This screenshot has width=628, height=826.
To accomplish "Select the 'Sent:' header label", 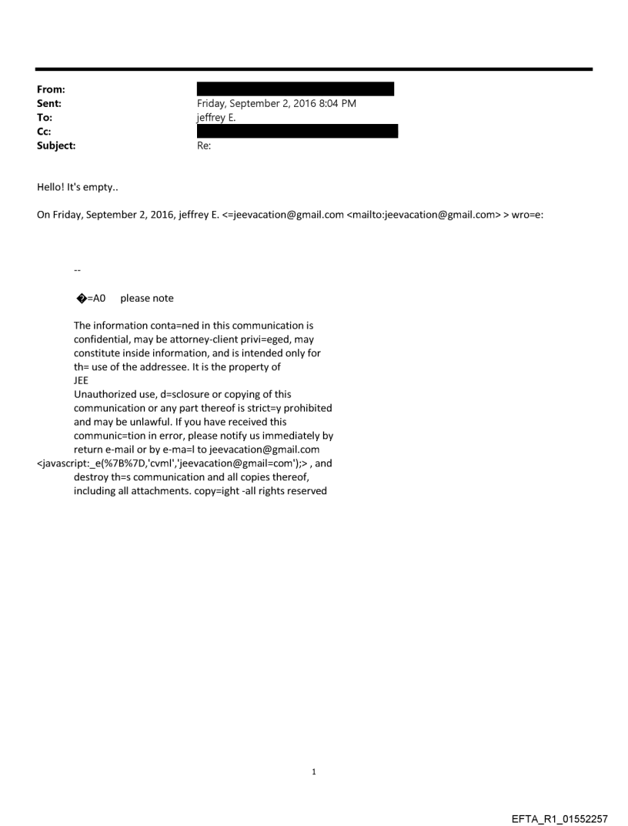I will [49, 103].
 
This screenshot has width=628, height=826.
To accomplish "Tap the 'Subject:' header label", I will [56, 145].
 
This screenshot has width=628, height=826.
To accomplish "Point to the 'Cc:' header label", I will [45, 131].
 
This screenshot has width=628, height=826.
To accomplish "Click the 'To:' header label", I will [45, 117].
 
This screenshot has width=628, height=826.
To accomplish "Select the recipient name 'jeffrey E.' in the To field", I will [216, 117].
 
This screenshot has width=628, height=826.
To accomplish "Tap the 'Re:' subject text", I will [204, 145].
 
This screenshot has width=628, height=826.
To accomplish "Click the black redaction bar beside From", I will [296, 89].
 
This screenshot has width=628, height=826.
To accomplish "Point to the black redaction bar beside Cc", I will [298, 131].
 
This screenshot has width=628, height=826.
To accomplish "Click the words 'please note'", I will [147, 298].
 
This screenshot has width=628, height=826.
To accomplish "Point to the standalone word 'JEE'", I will [82, 380].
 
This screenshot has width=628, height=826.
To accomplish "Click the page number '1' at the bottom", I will [314, 771].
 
